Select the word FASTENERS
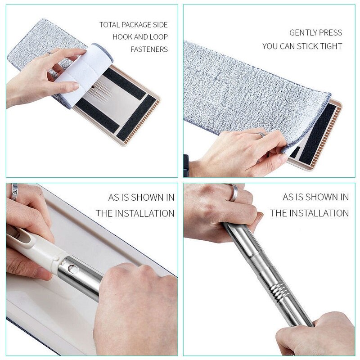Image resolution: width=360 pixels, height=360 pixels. coord(149,49)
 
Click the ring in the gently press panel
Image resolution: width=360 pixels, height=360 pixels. coord(261,134)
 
